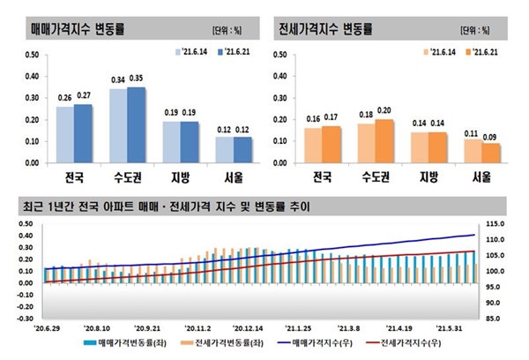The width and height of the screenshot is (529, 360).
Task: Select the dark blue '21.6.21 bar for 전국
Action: (83, 133)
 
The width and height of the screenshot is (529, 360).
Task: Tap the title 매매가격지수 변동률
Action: (78, 28)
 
